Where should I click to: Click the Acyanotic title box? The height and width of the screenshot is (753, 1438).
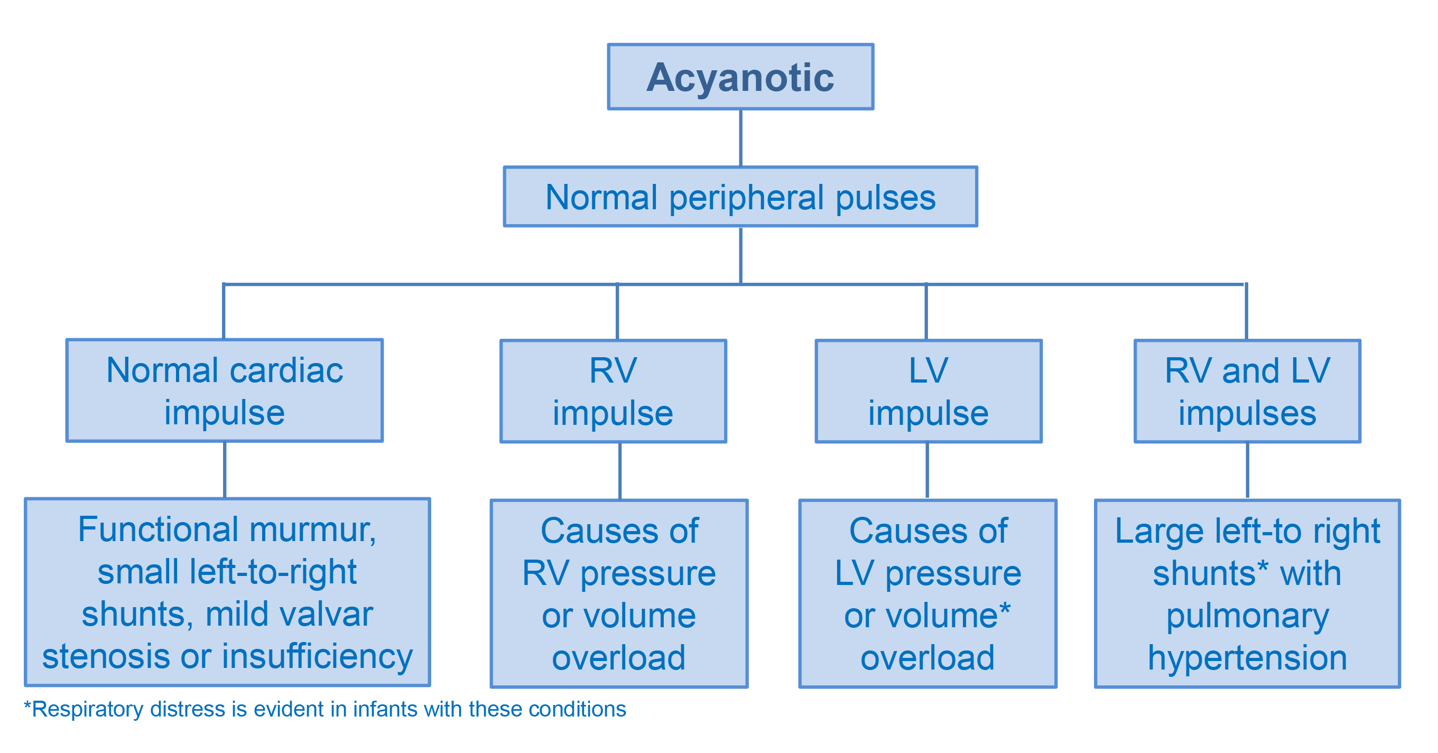[x=740, y=77]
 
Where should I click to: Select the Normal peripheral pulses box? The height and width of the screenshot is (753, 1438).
[x=740, y=197]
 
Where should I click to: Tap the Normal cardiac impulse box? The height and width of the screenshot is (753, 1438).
[x=225, y=390]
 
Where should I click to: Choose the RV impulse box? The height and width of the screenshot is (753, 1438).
[x=613, y=391]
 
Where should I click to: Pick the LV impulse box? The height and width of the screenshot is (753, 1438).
[x=929, y=391]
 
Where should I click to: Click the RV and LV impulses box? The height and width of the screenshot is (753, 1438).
[x=1247, y=391]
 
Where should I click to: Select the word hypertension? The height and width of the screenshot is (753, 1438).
[x=1247, y=658]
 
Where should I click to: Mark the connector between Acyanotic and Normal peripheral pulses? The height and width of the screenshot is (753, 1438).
[x=740, y=138]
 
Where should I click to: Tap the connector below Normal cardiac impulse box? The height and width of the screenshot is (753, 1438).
[x=225, y=470]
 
